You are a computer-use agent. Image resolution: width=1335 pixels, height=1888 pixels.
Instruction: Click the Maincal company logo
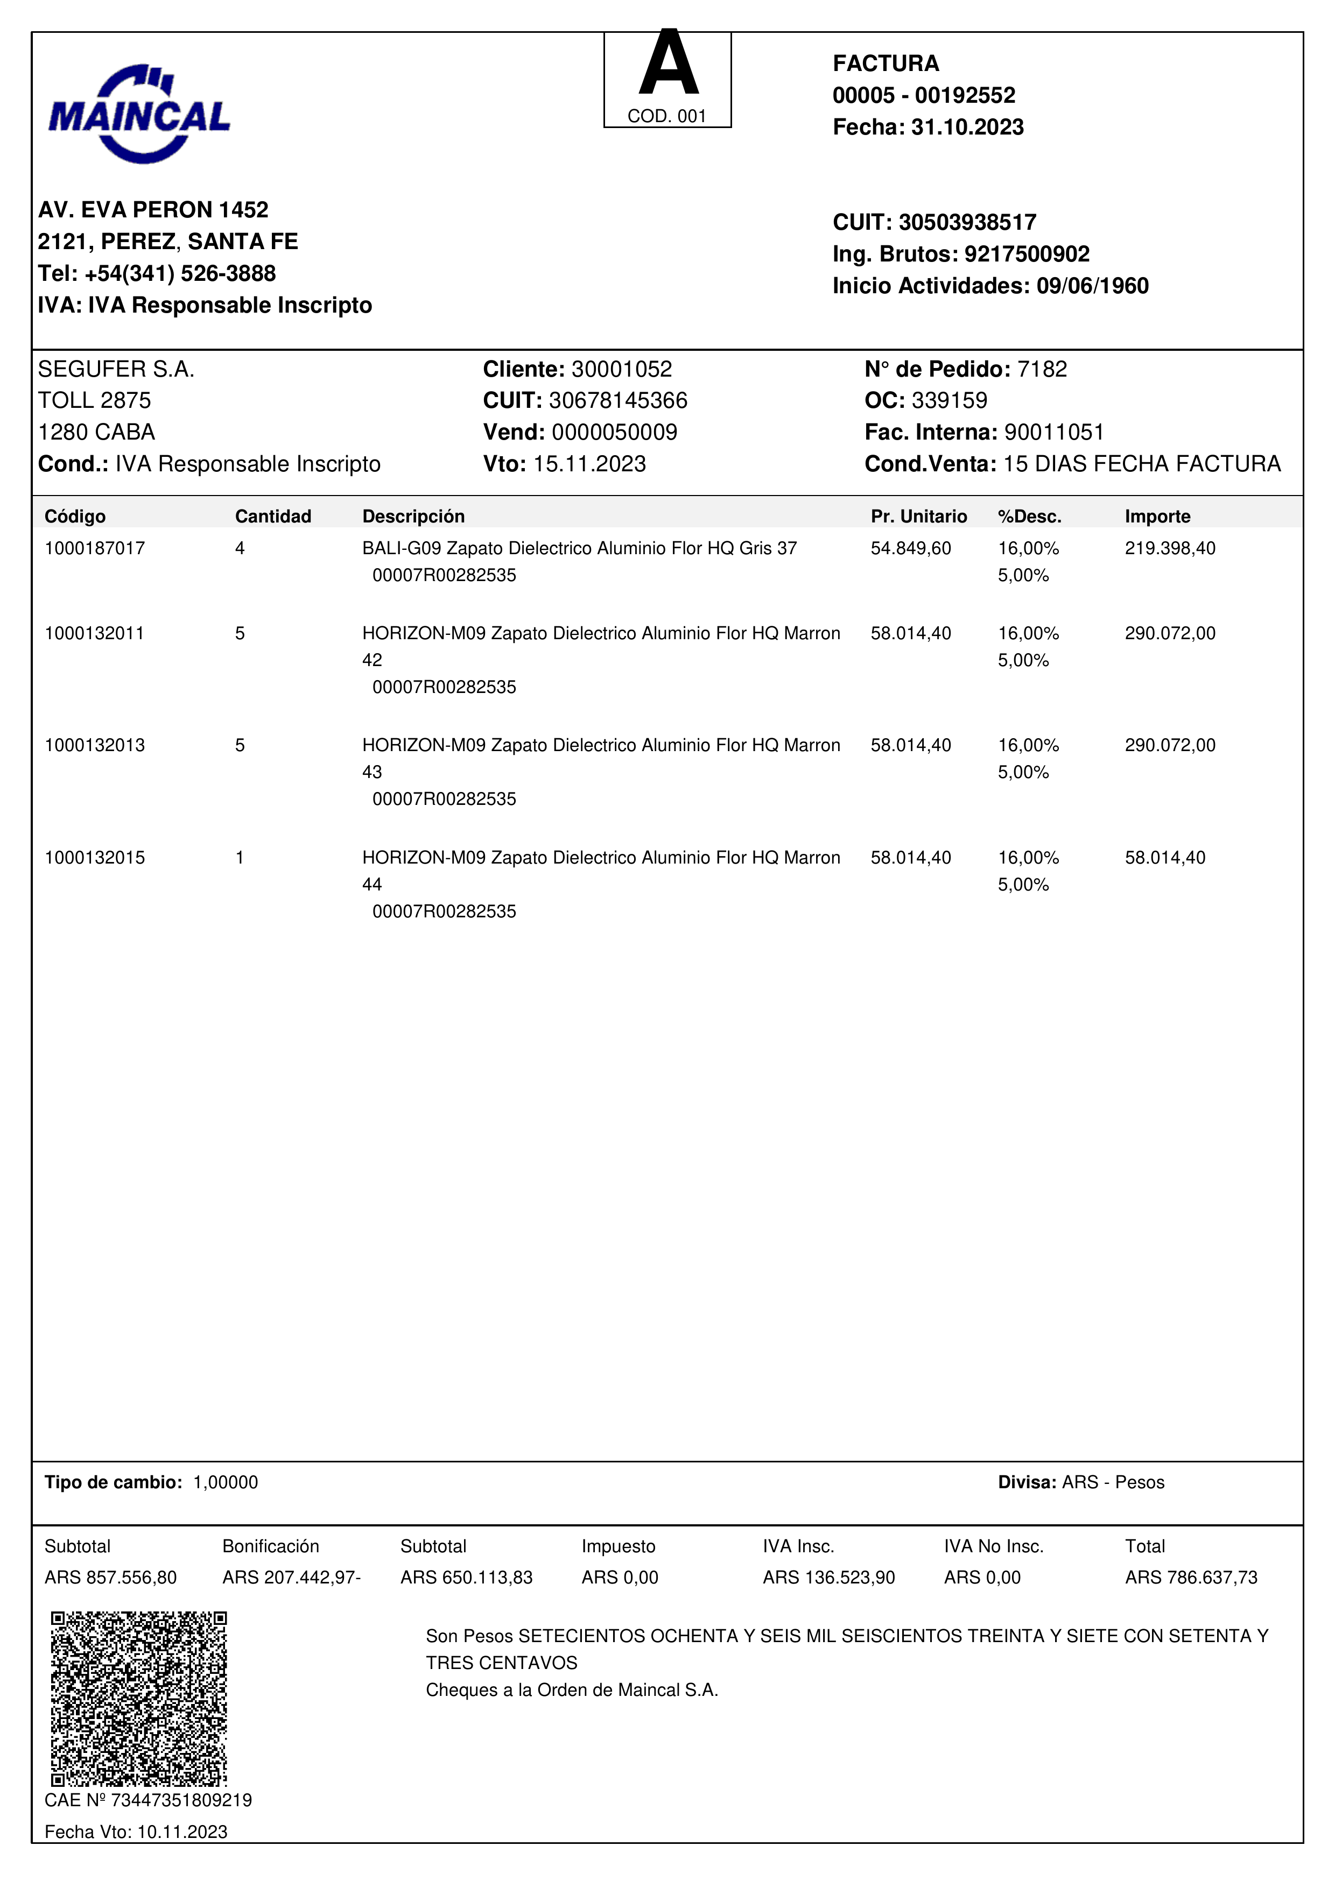point(139,114)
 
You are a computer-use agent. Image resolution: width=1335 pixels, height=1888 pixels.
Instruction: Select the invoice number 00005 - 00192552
point(924,95)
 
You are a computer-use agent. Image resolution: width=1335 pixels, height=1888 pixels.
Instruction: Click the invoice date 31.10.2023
point(967,128)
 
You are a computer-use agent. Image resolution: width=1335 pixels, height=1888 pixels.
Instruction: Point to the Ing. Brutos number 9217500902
point(1027,254)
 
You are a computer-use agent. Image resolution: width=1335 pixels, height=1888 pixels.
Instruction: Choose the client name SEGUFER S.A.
point(116,369)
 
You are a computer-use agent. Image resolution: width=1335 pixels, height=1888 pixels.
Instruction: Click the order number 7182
point(1042,369)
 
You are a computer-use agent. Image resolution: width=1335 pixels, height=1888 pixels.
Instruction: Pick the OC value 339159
point(949,400)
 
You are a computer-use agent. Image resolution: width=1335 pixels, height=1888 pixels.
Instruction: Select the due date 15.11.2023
point(589,464)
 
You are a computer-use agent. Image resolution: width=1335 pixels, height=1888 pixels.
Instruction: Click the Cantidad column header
point(273,517)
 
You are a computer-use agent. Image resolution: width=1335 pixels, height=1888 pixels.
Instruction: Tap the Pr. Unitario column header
point(919,517)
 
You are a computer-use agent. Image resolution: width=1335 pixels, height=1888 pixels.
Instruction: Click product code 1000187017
point(95,548)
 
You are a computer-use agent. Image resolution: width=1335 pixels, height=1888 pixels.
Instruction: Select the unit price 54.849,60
point(911,548)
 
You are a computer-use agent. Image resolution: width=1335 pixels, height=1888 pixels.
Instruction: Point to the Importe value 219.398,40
point(1170,548)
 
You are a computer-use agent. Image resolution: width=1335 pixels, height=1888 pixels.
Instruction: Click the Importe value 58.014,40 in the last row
point(1165,858)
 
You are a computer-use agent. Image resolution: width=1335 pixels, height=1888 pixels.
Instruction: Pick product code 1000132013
point(95,745)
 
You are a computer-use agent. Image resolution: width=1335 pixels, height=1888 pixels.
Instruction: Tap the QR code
point(139,1698)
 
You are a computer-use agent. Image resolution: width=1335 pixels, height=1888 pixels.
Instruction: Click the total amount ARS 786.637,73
point(1191,1577)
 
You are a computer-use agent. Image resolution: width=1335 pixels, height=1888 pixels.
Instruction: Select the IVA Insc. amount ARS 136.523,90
point(828,1577)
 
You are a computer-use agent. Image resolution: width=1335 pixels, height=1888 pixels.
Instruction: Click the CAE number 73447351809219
point(181,1800)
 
